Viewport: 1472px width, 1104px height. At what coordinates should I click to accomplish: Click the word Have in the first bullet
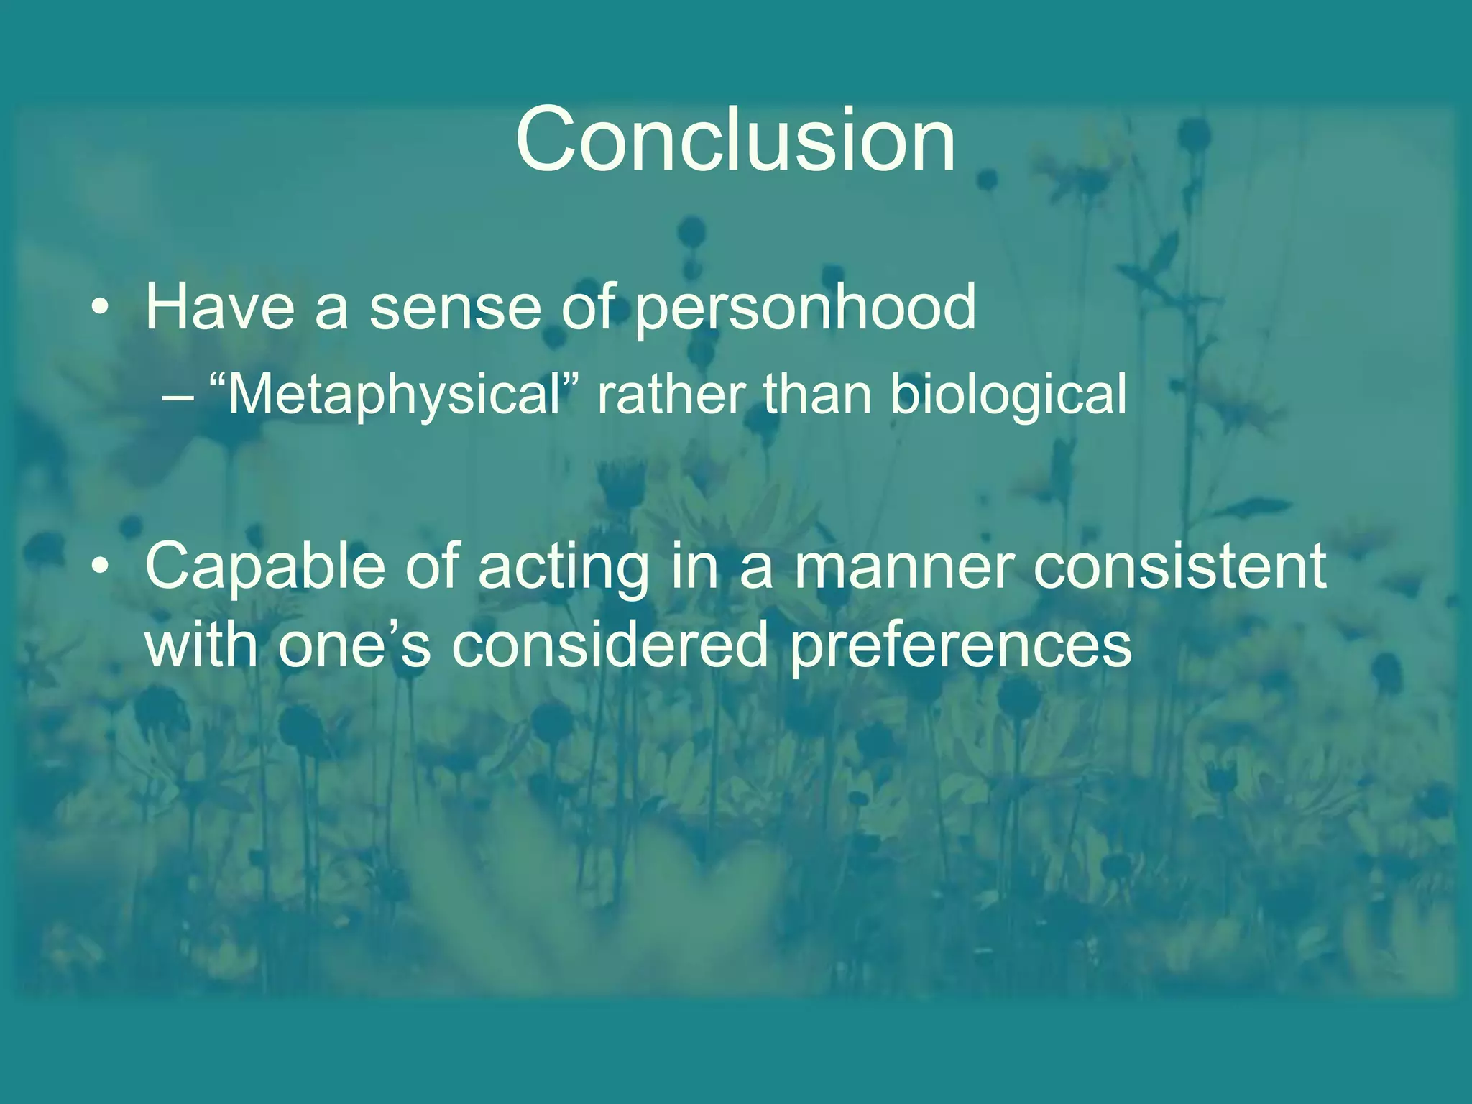(x=220, y=308)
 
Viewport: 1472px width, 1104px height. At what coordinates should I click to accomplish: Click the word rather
(x=672, y=395)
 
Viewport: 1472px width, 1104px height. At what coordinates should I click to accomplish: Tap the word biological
(x=1008, y=397)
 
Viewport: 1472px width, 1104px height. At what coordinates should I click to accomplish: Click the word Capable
(x=265, y=568)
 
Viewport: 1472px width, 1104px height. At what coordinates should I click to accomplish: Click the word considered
(x=610, y=645)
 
